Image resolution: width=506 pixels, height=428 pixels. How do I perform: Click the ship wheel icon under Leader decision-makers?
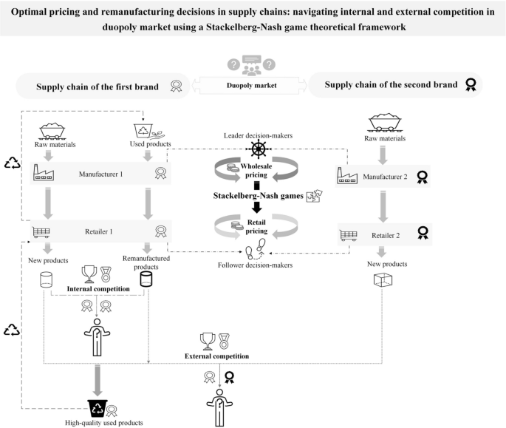click(259, 149)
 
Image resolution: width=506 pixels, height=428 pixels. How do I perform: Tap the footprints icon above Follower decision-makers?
click(256, 249)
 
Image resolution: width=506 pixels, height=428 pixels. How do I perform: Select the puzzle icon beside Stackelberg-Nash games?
click(315, 195)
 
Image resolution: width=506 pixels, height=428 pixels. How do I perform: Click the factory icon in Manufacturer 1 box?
click(44, 172)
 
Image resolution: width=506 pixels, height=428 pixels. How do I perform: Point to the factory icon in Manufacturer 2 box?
click(347, 176)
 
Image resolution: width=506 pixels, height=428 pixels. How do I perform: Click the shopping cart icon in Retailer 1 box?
click(41, 232)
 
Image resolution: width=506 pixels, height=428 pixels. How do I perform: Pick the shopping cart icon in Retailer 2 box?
click(349, 236)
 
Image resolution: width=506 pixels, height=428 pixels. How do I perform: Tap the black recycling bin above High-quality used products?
click(98, 408)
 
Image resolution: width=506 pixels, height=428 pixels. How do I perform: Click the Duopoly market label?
click(251, 86)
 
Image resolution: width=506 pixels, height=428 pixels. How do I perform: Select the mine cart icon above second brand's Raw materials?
click(385, 123)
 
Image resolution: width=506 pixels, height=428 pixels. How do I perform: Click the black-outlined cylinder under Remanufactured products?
click(146, 279)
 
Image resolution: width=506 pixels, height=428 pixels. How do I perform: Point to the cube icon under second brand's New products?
click(383, 279)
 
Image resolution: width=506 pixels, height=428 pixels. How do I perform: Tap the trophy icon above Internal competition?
click(89, 274)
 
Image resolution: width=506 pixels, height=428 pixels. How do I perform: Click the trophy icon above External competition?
click(208, 342)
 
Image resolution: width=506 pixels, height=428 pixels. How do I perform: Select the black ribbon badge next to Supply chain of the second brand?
click(471, 84)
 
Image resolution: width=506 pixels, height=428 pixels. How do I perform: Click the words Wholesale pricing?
click(256, 171)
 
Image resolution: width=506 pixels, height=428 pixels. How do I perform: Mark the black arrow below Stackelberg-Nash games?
click(257, 208)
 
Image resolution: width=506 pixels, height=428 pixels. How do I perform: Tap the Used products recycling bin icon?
click(143, 131)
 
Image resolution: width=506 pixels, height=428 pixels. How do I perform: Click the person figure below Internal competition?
click(97, 338)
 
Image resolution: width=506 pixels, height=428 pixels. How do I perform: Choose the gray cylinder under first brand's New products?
click(46, 279)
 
